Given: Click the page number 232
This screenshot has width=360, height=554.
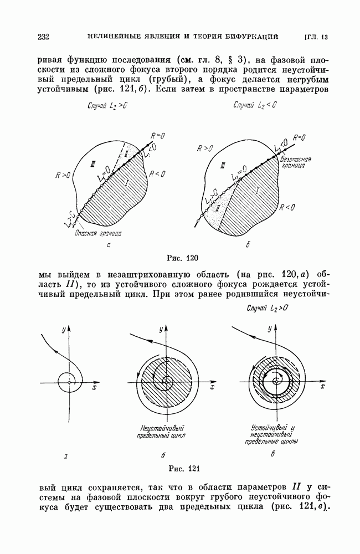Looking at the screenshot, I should tap(43, 38).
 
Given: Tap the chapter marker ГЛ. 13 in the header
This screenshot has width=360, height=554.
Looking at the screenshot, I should tap(316, 38).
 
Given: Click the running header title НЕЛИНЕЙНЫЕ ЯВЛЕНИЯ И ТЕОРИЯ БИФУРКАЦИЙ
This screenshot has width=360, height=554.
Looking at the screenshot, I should tap(183, 37).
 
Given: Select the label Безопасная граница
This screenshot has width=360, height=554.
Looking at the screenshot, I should tap(297, 162).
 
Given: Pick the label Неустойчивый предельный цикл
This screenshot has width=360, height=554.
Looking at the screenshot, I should tap(162, 431).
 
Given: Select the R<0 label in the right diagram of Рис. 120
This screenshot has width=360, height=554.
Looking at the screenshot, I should tap(288, 208).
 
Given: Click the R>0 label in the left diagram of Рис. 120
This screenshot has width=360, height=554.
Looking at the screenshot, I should tap(63, 175).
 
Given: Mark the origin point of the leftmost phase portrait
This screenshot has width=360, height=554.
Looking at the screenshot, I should tap(68, 382).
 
